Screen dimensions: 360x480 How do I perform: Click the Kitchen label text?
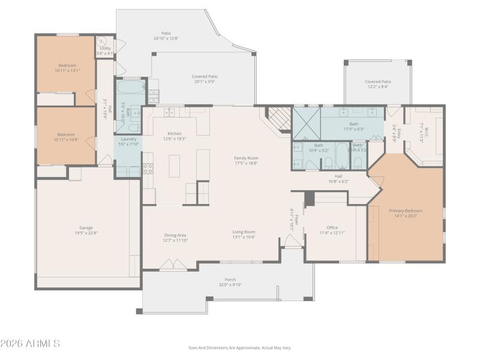coord(174,133)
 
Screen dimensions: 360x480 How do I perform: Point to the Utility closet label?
coord(105,48)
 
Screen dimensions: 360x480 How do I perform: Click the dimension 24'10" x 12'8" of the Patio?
coord(166,38)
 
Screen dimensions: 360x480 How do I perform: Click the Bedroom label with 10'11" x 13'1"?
coord(67,67)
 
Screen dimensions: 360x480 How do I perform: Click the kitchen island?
coord(175,166)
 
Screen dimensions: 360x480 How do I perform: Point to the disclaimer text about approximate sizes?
coord(240,347)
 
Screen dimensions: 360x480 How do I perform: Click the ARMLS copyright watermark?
coord(30,344)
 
